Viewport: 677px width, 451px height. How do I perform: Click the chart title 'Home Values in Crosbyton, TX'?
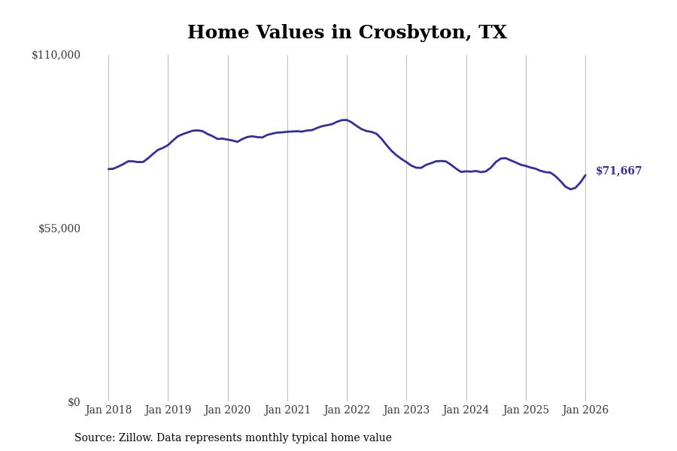pyautogui.click(x=347, y=33)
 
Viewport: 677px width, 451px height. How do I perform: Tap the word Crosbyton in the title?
pyautogui.click(x=414, y=33)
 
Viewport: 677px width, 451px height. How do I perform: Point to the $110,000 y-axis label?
pyautogui.click(x=56, y=55)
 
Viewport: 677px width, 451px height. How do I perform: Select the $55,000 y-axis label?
pyautogui.click(x=59, y=229)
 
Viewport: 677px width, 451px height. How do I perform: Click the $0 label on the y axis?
pyautogui.click(x=74, y=402)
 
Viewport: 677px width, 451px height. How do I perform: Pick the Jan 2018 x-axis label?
pyautogui.click(x=108, y=410)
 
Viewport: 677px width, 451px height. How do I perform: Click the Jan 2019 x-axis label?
pyautogui.click(x=168, y=410)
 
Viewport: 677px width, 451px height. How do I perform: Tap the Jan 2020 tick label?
pyautogui.click(x=227, y=410)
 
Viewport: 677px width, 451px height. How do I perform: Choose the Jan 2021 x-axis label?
pyautogui.click(x=287, y=410)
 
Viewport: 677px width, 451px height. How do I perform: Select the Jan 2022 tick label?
pyautogui.click(x=347, y=410)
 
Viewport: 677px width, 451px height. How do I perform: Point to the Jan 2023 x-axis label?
pyautogui.click(x=406, y=410)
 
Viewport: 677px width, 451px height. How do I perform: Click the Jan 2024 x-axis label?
pyautogui.click(x=466, y=410)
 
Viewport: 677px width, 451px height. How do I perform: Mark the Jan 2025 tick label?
pyautogui.click(x=526, y=410)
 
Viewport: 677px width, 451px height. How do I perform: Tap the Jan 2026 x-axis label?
pyautogui.click(x=585, y=410)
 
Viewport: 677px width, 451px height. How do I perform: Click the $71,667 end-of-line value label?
pyautogui.click(x=618, y=171)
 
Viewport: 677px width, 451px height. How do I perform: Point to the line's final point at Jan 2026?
pyautogui.click(x=585, y=175)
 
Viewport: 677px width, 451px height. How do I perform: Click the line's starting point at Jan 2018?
pyautogui.click(x=108, y=169)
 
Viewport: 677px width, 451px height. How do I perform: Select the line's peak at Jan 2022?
pyautogui.click(x=345, y=120)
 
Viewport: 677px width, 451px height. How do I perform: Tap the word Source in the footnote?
pyautogui.click(x=93, y=438)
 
